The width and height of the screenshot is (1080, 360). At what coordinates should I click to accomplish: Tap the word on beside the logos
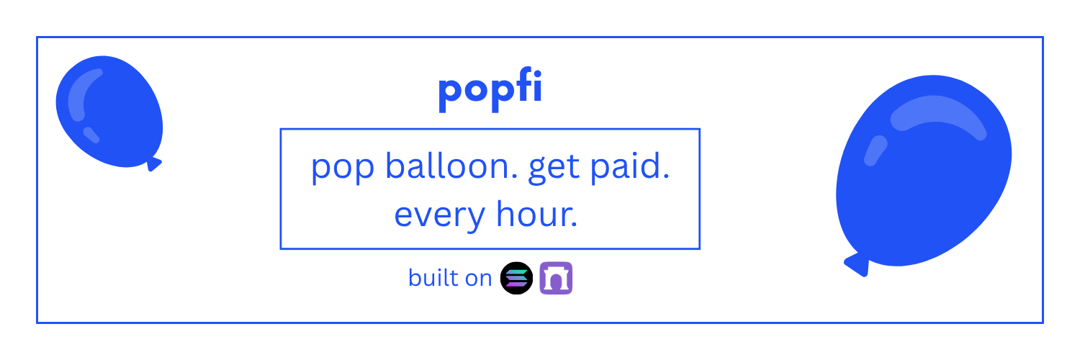point(478,278)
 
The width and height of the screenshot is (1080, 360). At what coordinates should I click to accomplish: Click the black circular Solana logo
point(516,278)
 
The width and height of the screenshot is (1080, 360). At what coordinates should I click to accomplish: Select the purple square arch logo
point(556,278)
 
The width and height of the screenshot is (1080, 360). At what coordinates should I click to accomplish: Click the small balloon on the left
point(108,112)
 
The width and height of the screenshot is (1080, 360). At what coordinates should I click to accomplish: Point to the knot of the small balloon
point(153,163)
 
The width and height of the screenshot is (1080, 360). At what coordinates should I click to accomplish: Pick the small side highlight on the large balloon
point(876,150)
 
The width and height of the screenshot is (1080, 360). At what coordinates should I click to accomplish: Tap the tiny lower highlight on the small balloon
point(91,135)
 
